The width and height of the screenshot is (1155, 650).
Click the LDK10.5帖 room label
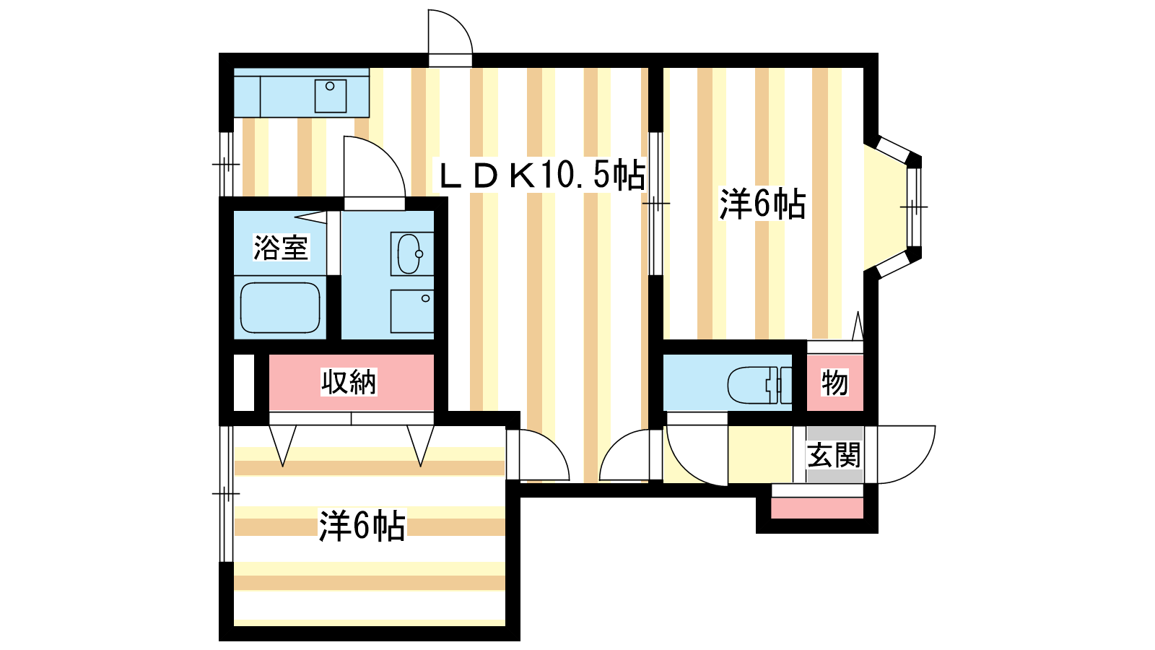pyautogui.click(x=541, y=175)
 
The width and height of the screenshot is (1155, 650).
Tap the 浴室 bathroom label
pyautogui.click(x=281, y=248)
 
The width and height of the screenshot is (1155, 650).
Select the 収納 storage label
pyautogui.click(x=349, y=382)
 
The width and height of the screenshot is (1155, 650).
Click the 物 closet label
pyautogui.click(x=834, y=383)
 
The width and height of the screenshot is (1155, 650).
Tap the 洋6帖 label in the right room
pyautogui.click(x=762, y=204)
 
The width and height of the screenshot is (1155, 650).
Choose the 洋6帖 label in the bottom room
pyautogui.click(x=362, y=526)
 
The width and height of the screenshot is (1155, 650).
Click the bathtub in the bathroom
pyautogui.click(x=280, y=308)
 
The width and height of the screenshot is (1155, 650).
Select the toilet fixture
pyautogui.click(x=759, y=385)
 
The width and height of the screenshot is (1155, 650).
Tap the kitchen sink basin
pyautogui.click(x=331, y=96)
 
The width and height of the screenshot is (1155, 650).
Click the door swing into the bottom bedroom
pyautogui.click(x=539, y=454)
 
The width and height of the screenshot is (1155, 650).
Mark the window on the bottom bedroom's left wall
pyautogui.click(x=227, y=494)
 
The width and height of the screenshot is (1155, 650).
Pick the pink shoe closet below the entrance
pyautogui.click(x=817, y=508)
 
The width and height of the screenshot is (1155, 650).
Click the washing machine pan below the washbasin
pyautogui.click(x=412, y=311)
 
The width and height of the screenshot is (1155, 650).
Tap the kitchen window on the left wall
pyautogui.click(x=227, y=165)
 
